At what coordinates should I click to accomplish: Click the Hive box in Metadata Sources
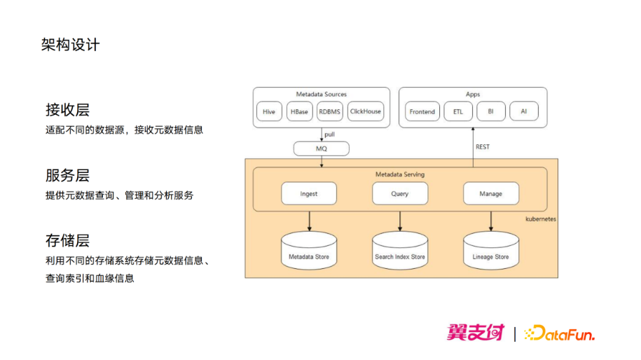pyautogui.click(x=269, y=111)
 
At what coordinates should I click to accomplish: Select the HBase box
pyautogui.click(x=300, y=111)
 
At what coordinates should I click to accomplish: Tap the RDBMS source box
pyautogui.click(x=329, y=111)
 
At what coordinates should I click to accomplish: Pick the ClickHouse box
pyautogui.click(x=366, y=111)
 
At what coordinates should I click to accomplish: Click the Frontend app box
pyautogui.click(x=422, y=111)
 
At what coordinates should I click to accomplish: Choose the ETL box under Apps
pyautogui.click(x=458, y=111)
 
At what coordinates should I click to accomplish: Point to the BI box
pyautogui.click(x=491, y=111)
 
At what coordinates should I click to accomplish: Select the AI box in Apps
pyautogui.click(x=524, y=111)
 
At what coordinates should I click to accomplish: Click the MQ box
pyautogui.click(x=322, y=148)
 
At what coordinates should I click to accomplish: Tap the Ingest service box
pyautogui.click(x=309, y=193)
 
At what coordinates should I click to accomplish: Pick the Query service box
pyautogui.click(x=400, y=193)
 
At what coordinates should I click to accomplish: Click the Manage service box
pyautogui.click(x=491, y=193)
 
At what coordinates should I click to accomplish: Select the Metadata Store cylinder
pyautogui.click(x=309, y=251)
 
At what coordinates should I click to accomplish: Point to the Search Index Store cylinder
pyautogui.click(x=400, y=251)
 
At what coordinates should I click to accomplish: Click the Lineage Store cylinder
pyautogui.click(x=491, y=251)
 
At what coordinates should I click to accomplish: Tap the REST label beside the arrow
pyautogui.click(x=483, y=146)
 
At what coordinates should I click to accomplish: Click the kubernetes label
pyautogui.click(x=540, y=219)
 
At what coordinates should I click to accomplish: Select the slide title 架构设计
pyautogui.click(x=70, y=45)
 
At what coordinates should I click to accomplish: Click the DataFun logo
pyautogui.click(x=559, y=333)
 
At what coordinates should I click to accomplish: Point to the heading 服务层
pyautogui.click(x=67, y=175)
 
